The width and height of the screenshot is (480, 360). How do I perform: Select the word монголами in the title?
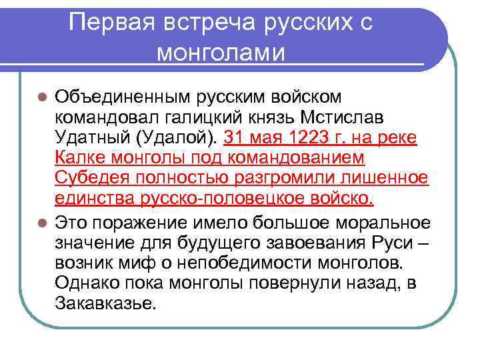pyautogui.click(x=221, y=51)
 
